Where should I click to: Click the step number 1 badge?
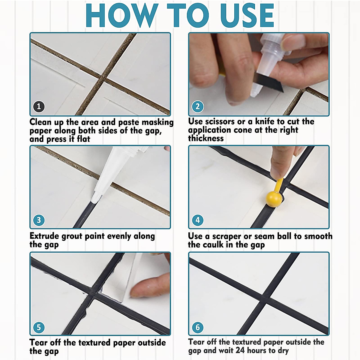click(39, 106)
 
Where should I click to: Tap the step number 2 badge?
click(198, 106)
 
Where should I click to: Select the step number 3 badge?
click(39, 220)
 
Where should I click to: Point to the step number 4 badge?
click(198, 220)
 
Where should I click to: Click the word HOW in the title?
click(121, 15)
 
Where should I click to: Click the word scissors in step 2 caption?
click(220, 121)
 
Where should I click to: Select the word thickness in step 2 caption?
click(206, 138)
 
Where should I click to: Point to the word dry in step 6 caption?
click(283, 351)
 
